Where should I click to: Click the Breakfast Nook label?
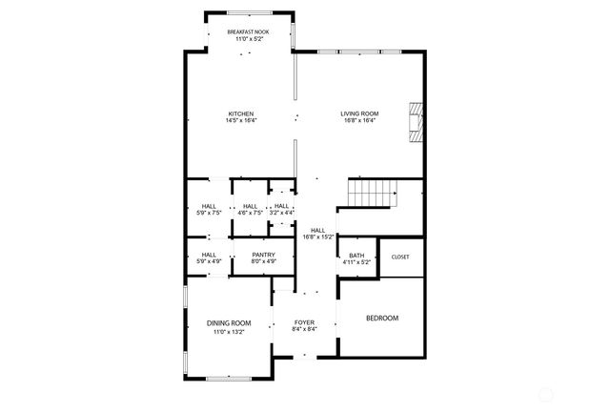[247, 31]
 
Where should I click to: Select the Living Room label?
[359, 113]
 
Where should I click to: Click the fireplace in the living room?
[414, 121]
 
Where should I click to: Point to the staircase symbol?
[371, 195]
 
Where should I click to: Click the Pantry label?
[264, 254]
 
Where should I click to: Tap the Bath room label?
[356, 255]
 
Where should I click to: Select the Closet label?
[400, 257]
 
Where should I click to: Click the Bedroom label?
[381, 318]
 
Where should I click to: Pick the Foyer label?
[305, 322]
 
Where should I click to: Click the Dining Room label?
[229, 323]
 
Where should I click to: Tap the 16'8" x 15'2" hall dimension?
[318, 237]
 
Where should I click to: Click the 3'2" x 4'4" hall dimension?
[281, 213]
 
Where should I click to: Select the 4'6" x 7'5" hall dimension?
[250, 213]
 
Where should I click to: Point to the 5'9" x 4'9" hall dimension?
[209, 260]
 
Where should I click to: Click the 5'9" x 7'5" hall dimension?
[209, 213]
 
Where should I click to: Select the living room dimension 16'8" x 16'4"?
[359, 120]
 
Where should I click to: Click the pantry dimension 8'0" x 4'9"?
[264, 260]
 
